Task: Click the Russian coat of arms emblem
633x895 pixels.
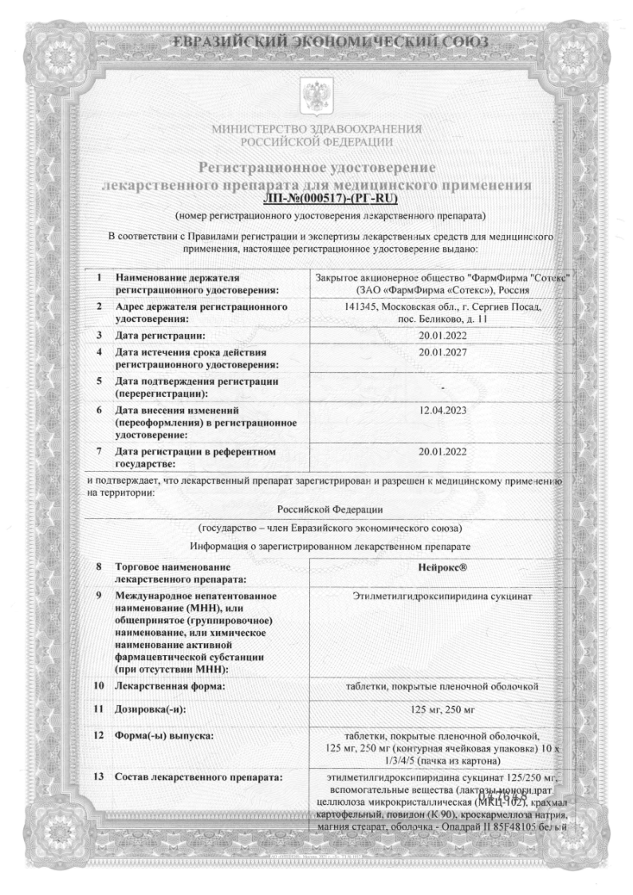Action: coord(316,95)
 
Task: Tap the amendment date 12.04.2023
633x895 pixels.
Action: coord(441,409)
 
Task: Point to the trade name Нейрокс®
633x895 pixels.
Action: coord(441,568)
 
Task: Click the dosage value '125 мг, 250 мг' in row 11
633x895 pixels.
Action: coord(441,709)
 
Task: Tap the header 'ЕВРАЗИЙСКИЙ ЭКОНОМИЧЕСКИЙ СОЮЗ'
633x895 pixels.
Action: coord(317,41)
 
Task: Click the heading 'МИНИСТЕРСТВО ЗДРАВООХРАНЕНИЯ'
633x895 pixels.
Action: coord(316,130)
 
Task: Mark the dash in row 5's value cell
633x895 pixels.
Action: coord(441,387)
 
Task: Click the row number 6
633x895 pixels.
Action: coord(97,410)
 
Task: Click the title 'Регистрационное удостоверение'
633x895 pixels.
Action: coord(316,167)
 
